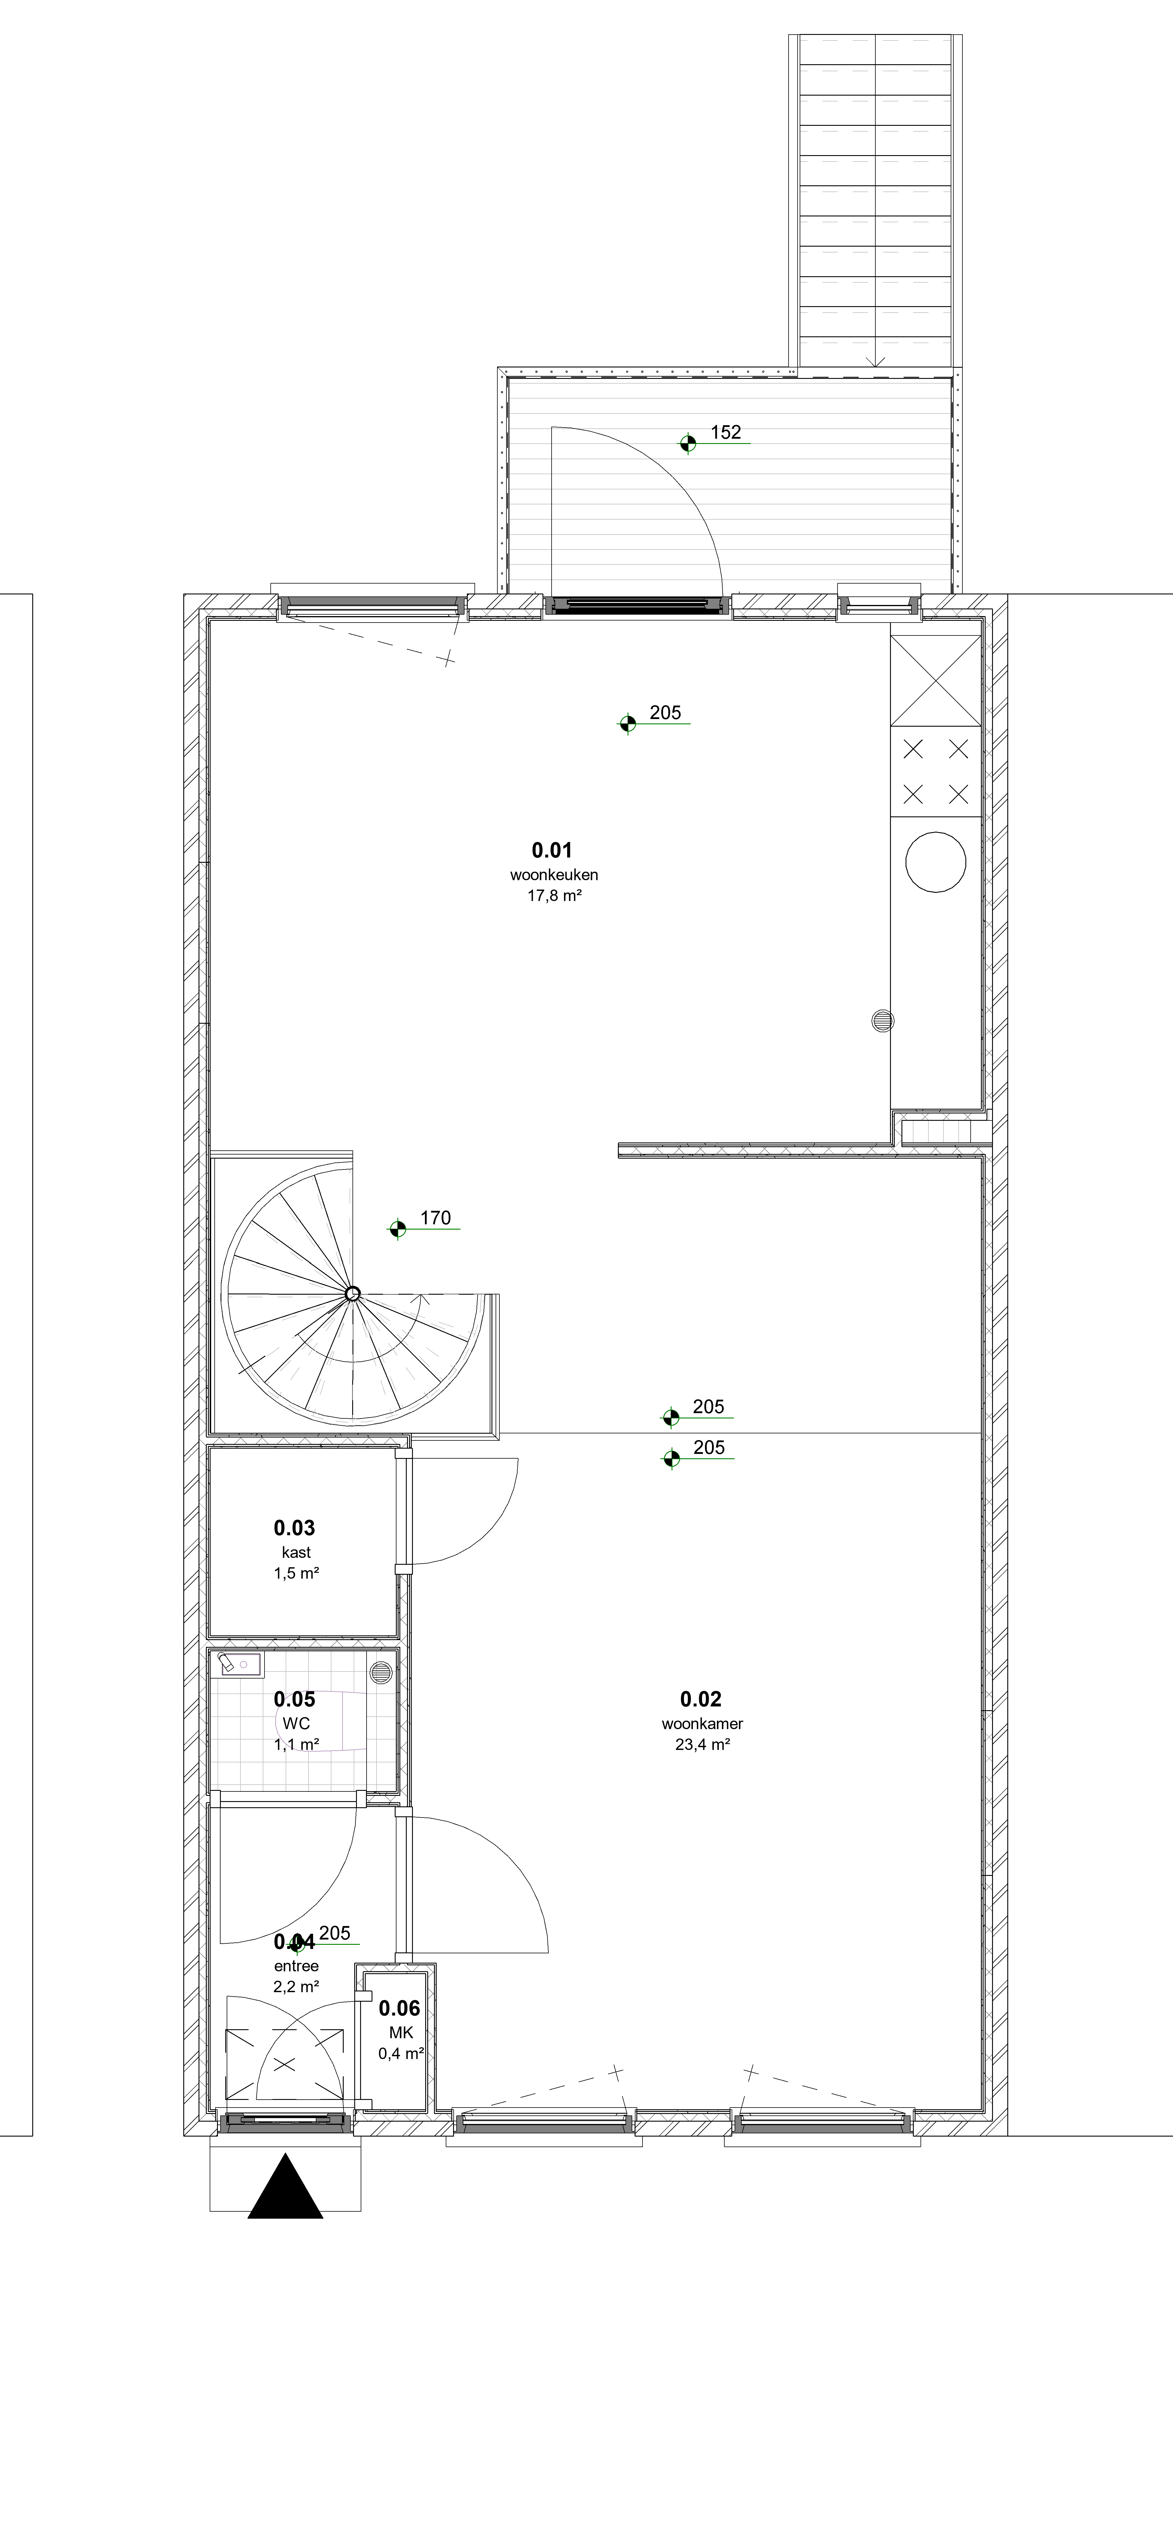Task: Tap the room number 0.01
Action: (x=552, y=850)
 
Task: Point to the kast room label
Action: (x=296, y=1552)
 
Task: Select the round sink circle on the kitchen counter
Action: (x=936, y=862)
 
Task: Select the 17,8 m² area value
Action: (x=554, y=895)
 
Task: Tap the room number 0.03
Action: (x=294, y=1528)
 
